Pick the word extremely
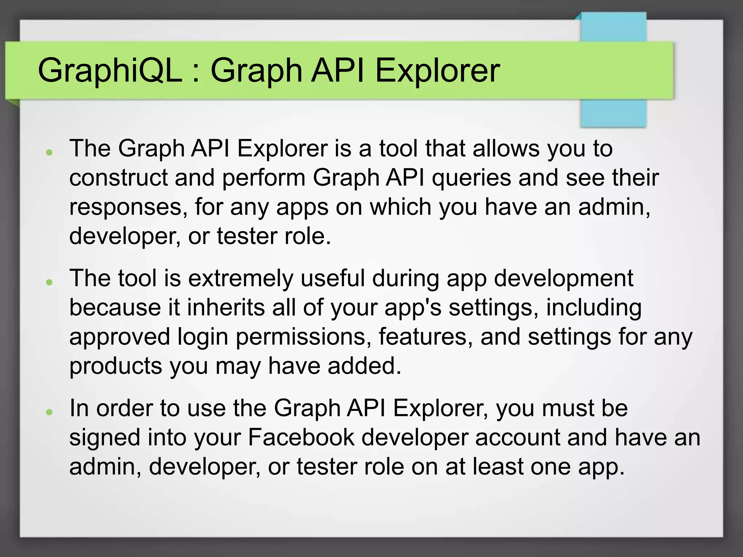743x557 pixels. click(x=241, y=279)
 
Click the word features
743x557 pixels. click(x=426, y=337)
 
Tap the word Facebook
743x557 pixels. click(x=301, y=437)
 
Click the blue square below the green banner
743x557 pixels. click(x=613, y=113)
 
